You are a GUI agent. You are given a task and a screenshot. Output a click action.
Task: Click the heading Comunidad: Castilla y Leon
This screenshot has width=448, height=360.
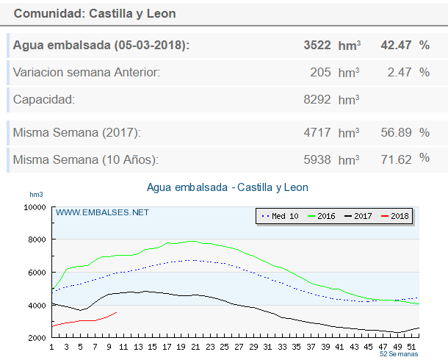click(95, 14)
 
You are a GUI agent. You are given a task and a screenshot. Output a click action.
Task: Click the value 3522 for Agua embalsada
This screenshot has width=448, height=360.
click(318, 46)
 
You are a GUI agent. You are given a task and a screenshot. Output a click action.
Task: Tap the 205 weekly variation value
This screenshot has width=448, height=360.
click(321, 72)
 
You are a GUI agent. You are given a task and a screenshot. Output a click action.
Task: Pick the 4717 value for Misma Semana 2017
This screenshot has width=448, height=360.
click(318, 133)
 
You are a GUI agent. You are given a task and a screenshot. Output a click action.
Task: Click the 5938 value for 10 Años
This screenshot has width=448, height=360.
click(318, 159)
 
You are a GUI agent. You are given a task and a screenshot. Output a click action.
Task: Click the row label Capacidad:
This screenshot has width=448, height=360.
click(44, 99)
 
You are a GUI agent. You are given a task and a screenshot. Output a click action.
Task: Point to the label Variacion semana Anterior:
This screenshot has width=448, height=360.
click(87, 72)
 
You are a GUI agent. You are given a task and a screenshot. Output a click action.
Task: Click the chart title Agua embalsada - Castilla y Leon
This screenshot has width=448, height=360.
click(228, 187)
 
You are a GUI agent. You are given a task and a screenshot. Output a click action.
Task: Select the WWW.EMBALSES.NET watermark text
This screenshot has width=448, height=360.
click(102, 212)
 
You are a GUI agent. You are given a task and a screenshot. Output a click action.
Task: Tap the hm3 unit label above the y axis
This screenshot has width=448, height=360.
click(36, 195)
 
